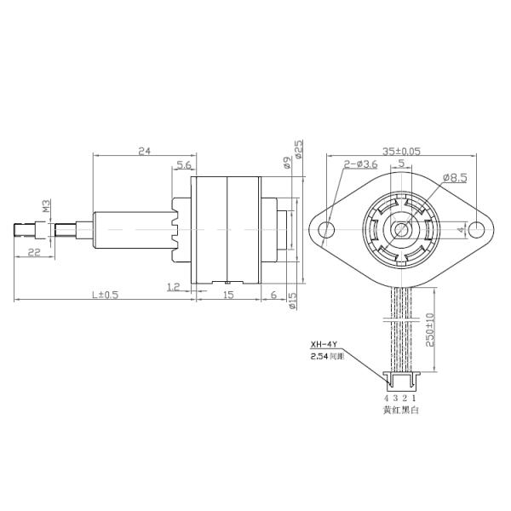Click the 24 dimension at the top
(144, 151)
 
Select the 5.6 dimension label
(184, 165)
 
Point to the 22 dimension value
(34, 251)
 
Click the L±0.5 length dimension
(106, 295)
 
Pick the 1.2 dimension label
(174, 287)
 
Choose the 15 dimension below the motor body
(228, 295)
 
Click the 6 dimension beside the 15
(273, 295)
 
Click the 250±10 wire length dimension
(429, 328)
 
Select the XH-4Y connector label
(321, 345)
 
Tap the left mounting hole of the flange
(327, 230)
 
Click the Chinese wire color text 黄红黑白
(400, 411)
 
